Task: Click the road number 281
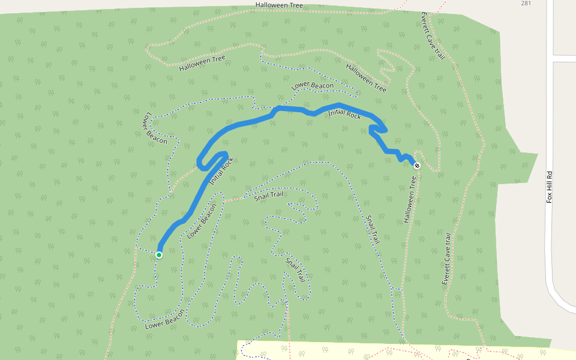(x=526, y=4)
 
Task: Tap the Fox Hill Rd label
(x=549, y=187)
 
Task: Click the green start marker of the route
(x=159, y=255)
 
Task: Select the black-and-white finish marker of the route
(x=417, y=166)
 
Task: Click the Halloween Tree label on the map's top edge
(x=279, y=5)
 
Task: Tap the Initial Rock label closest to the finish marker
(x=344, y=113)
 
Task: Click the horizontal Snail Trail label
(x=268, y=195)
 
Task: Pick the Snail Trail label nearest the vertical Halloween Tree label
(x=373, y=230)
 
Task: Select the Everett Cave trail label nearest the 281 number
(x=432, y=36)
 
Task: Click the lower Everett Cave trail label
(x=446, y=259)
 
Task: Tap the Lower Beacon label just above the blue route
(x=312, y=86)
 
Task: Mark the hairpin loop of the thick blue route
(x=207, y=161)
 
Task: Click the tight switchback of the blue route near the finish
(x=378, y=128)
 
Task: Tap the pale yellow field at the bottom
(x=360, y=351)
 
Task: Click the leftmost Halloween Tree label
(x=202, y=63)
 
